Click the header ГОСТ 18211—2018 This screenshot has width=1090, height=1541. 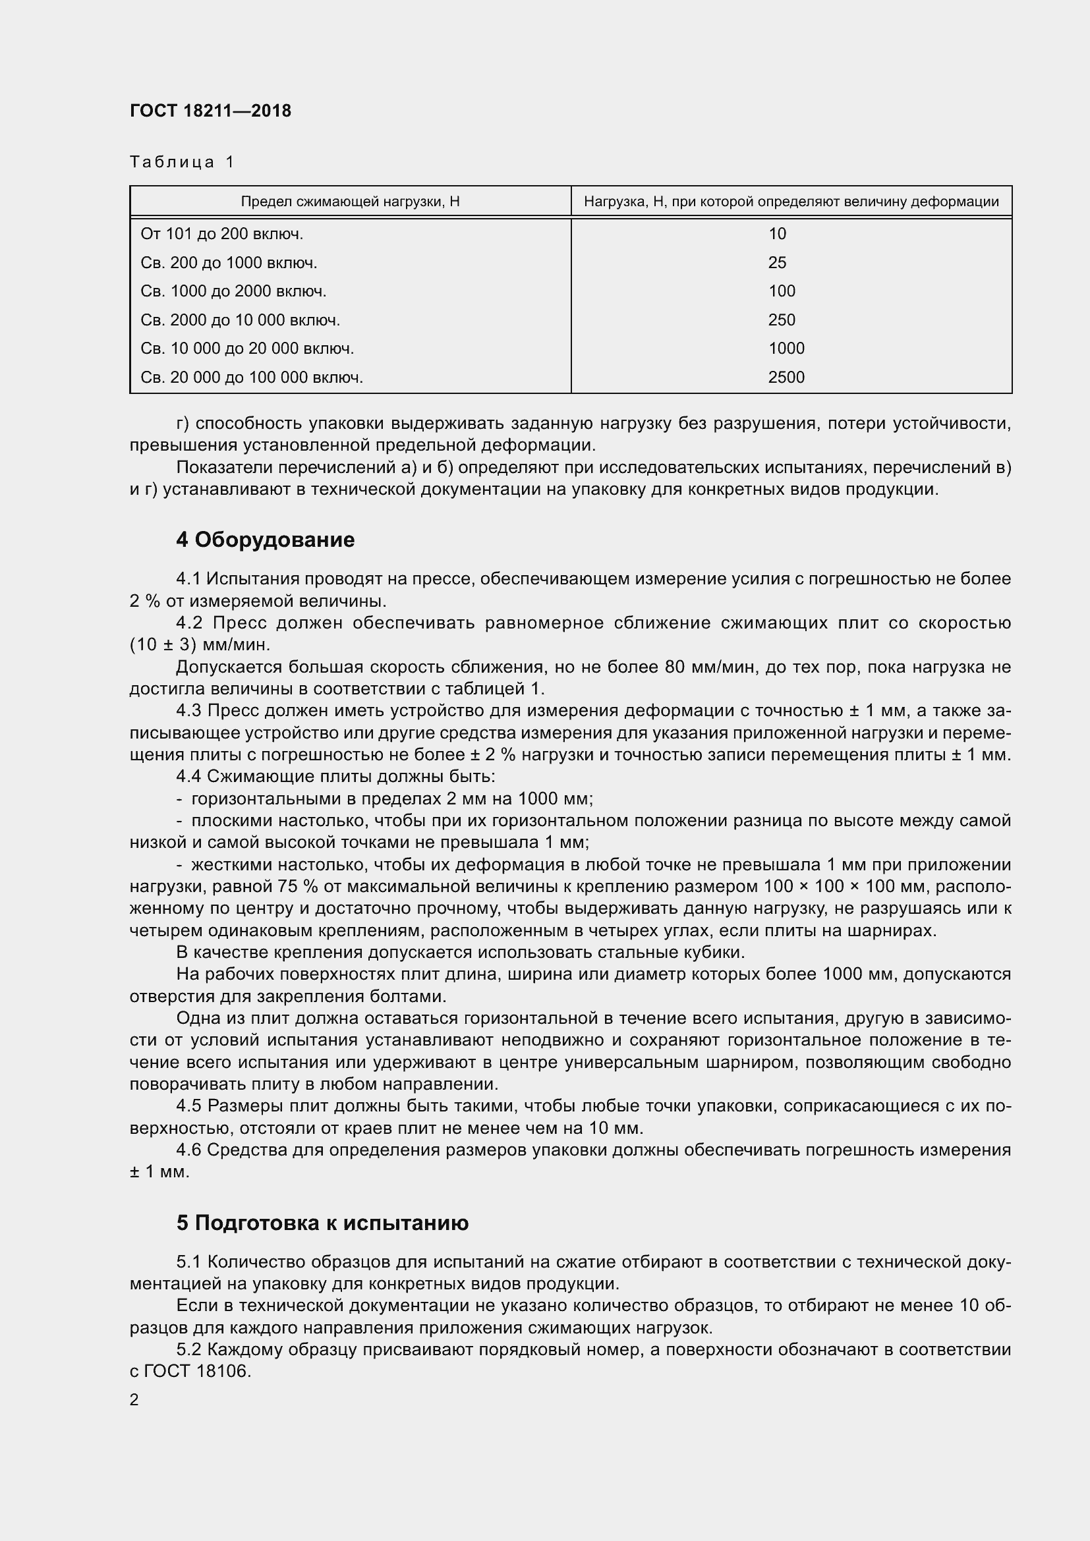click(210, 111)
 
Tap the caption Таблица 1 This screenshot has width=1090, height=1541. click(182, 162)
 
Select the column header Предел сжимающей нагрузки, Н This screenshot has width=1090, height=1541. click(350, 202)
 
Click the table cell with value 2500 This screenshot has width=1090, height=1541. click(786, 378)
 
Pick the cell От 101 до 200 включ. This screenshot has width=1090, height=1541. click(221, 235)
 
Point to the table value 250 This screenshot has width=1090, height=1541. click(782, 320)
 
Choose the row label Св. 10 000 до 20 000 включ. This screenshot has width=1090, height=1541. click(247, 349)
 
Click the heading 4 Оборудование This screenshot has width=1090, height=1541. click(265, 540)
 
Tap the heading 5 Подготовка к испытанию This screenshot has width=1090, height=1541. click(322, 1223)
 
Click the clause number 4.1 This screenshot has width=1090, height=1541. click(188, 578)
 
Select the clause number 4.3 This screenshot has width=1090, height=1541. click(188, 710)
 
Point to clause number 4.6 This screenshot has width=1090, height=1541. click(188, 1150)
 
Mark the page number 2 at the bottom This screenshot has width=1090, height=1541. click(134, 1400)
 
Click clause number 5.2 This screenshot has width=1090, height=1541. click(188, 1349)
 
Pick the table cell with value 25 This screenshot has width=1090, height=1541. click(776, 263)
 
